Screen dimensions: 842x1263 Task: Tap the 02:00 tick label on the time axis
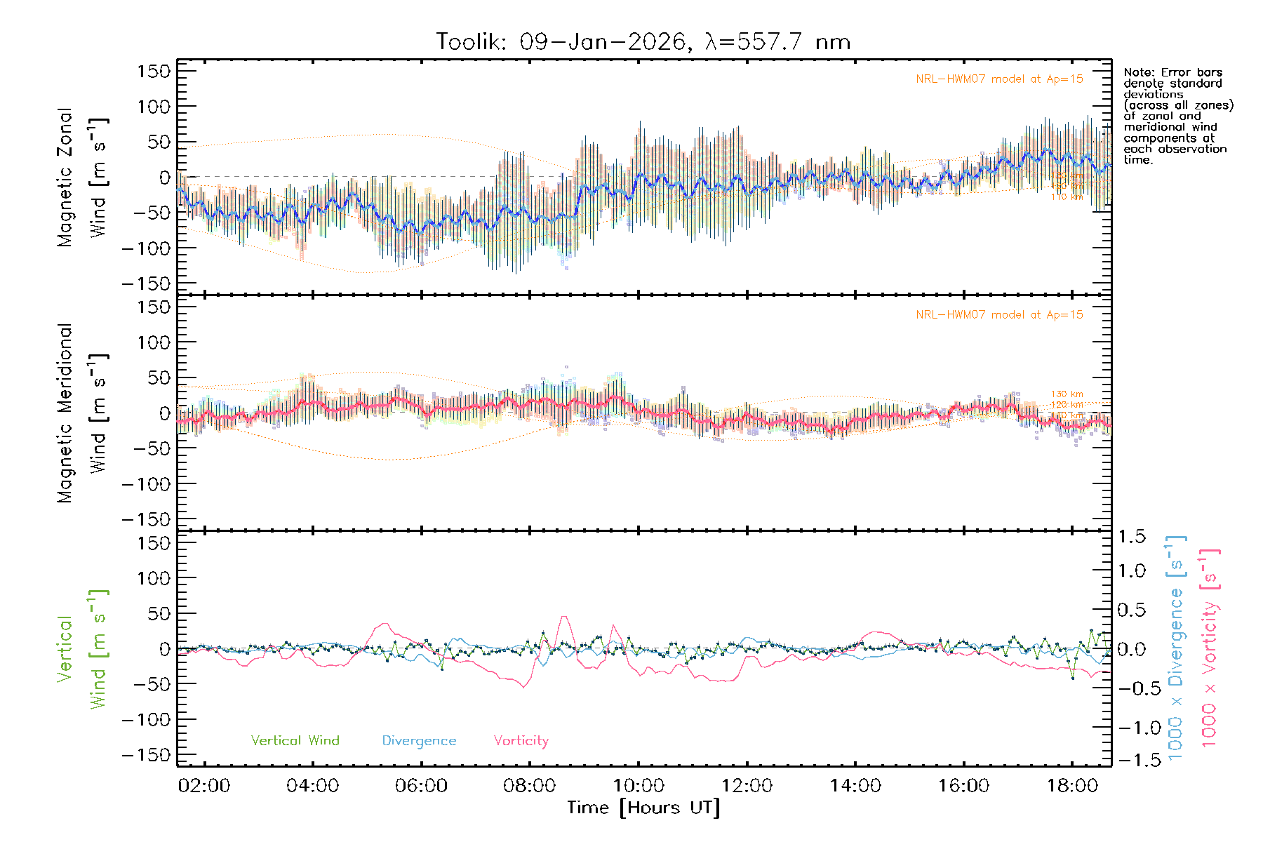(x=204, y=785)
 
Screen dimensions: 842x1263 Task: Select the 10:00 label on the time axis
(x=639, y=785)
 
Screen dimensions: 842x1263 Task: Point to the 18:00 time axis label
(x=1072, y=785)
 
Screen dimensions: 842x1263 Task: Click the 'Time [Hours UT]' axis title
(x=643, y=808)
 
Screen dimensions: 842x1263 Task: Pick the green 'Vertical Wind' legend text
(x=295, y=740)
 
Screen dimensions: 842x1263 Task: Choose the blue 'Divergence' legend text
(x=419, y=740)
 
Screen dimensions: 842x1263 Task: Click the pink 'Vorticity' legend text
(x=521, y=740)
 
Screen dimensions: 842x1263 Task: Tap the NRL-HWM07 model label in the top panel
(x=999, y=79)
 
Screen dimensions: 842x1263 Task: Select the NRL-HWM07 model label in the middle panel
(x=999, y=315)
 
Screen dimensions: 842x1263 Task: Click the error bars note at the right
(x=1177, y=116)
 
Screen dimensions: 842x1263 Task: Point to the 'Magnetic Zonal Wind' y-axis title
(x=83, y=177)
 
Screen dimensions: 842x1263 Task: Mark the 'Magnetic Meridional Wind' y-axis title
(x=83, y=413)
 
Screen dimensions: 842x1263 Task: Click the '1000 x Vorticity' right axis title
(x=1210, y=647)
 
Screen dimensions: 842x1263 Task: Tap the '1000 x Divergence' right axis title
(x=1176, y=647)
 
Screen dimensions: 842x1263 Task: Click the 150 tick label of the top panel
(x=154, y=72)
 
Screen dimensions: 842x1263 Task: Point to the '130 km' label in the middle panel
(x=1067, y=394)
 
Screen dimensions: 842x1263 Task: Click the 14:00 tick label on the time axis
(x=855, y=785)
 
